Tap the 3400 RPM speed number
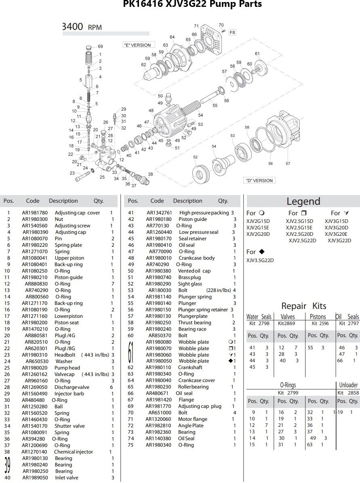point(73,27)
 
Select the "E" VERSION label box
point(137,45)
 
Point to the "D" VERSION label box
point(259,181)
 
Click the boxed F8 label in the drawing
point(232,33)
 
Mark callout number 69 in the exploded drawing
point(100,47)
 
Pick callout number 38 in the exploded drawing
point(151,174)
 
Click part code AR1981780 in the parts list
point(35,213)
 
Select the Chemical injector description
point(74,452)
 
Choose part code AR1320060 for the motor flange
point(159,419)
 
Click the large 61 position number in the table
point(131,351)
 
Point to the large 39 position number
point(7,465)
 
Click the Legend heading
point(303,202)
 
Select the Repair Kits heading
point(303,306)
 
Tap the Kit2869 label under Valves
point(286,323)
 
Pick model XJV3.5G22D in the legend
point(260,260)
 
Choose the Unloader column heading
point(348,385)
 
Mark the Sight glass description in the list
point(190,284)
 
